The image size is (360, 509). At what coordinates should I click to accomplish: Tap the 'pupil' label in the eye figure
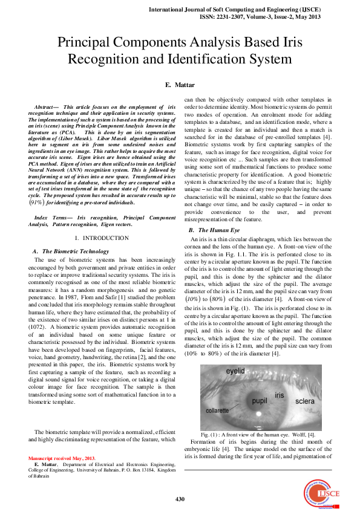250,400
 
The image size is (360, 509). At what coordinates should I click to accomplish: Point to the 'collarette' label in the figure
217,410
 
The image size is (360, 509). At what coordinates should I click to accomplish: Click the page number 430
180,499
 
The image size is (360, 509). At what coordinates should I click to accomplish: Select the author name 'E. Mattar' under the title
180,87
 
